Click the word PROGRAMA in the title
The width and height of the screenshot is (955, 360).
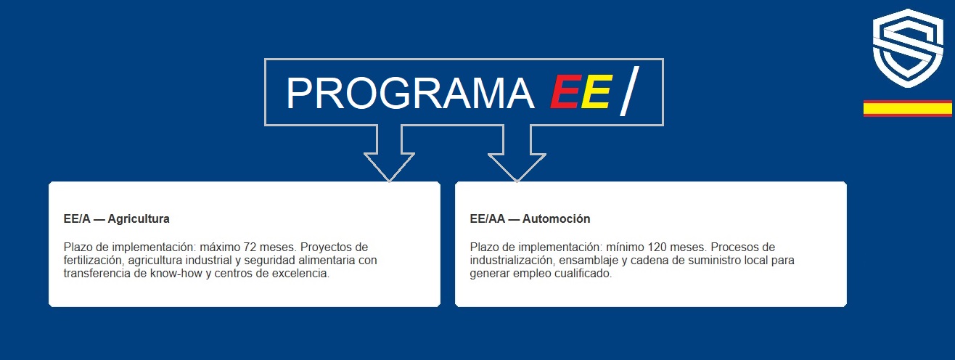coord(410,93)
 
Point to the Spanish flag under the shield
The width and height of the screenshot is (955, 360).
coord(907,109)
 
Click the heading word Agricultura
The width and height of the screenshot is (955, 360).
coord(138,218)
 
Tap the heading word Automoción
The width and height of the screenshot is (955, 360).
coord(557,218)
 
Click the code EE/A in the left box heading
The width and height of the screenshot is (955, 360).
coord(77,218)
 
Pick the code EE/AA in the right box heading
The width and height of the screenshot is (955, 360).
coord(487,218)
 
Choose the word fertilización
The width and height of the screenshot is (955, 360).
coord(91,261)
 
